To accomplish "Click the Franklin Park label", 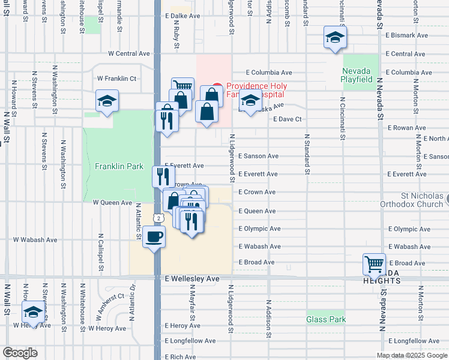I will [x=119, y=166].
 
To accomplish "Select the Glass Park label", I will [x=326, y=319].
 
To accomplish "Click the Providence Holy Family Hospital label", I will [x=255, y=90].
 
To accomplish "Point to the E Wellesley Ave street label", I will [x=191, y=279].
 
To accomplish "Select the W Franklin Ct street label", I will [x=117, y=78].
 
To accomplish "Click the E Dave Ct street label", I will [x=286, y=119].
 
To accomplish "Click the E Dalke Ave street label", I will [x=182, y=16].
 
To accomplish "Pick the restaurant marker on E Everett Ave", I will [x=163, y=176].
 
